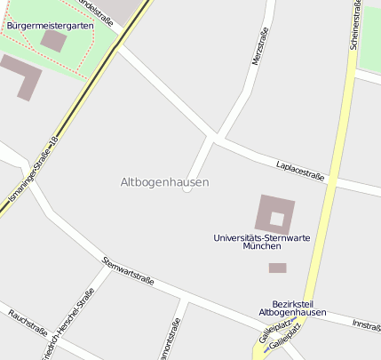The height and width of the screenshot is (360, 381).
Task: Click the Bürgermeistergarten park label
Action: point(49,26)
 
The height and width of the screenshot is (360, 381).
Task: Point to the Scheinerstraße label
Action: point(356,27)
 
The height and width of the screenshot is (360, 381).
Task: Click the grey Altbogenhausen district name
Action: point(164,182)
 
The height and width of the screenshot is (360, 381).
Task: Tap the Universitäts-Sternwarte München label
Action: point(261,242)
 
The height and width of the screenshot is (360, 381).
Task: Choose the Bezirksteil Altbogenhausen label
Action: point(292,308)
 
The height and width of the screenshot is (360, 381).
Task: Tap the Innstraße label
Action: point(366,325)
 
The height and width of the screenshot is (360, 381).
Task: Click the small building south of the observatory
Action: point(277,268)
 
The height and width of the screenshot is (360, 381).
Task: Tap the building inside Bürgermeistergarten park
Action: point(53,40)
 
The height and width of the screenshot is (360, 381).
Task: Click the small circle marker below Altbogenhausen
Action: point(187,188)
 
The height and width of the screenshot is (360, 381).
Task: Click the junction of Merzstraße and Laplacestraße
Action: point(213,137)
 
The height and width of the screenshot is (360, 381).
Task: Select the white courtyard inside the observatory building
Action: point(277,218)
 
